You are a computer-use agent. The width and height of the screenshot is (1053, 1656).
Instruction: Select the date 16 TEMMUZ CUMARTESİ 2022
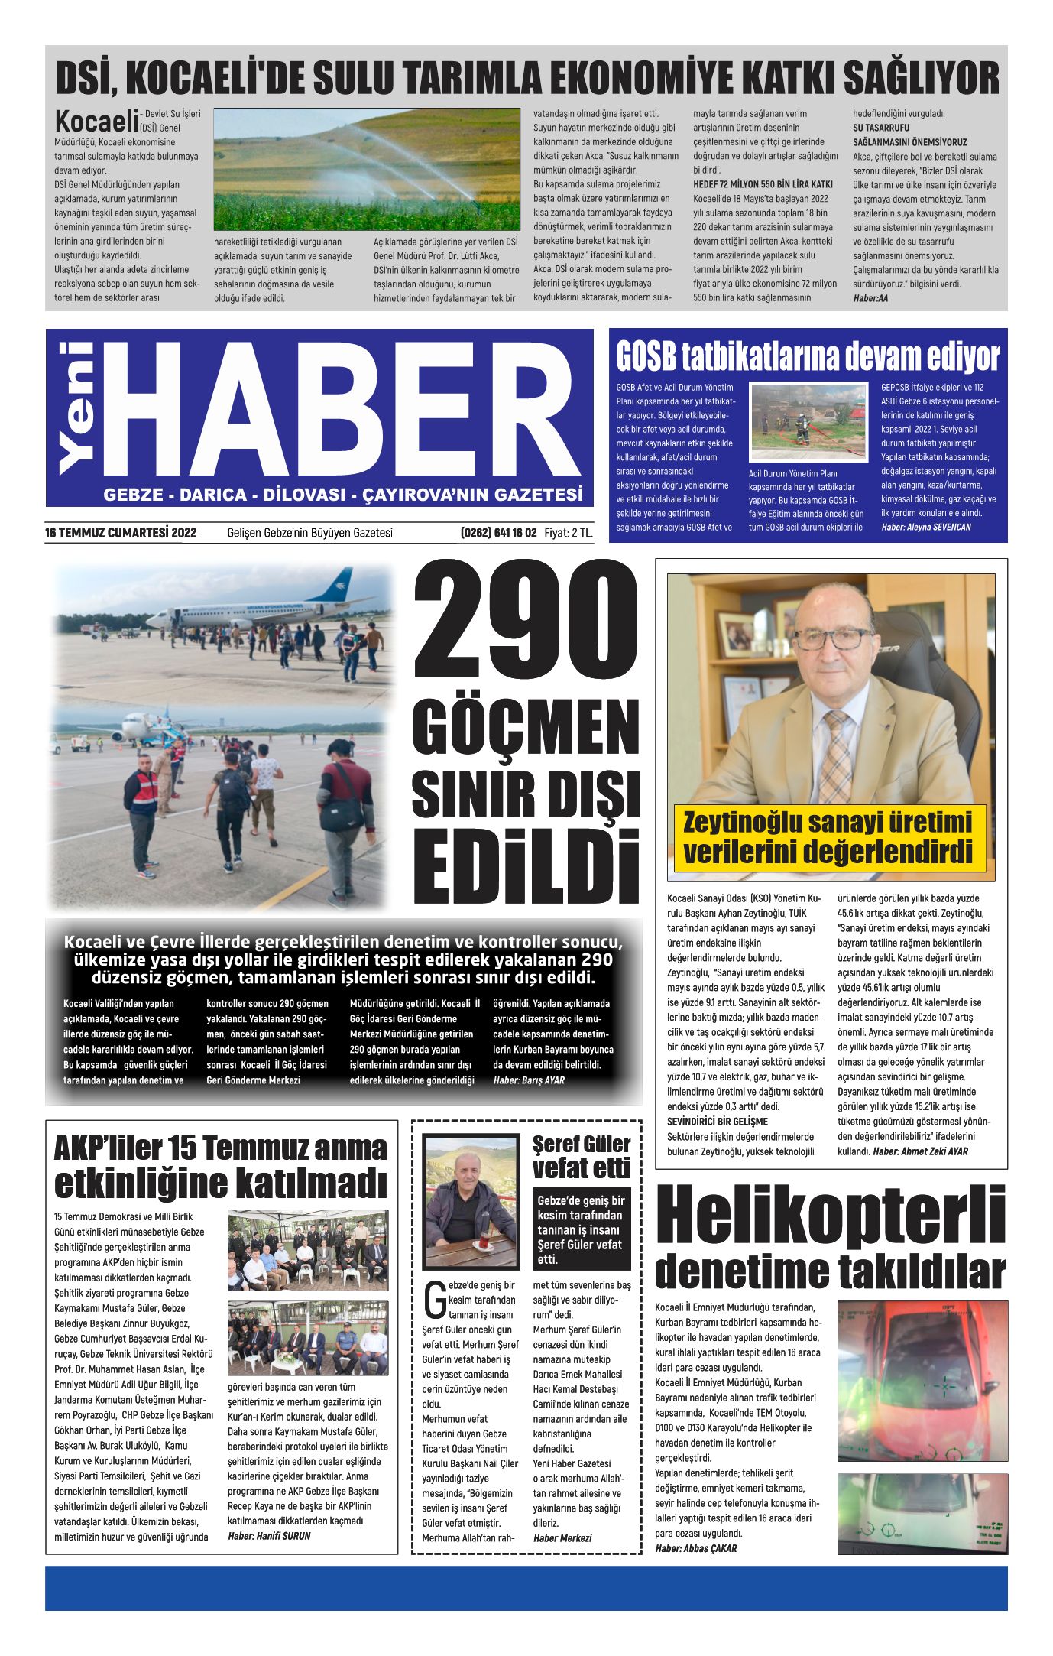click(121, 533)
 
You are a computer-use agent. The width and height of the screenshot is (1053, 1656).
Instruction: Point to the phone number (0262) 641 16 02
click(498, 533)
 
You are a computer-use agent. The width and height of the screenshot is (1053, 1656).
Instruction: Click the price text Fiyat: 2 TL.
click(569, 533)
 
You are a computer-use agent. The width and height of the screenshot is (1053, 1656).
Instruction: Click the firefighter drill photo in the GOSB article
click(808, 421)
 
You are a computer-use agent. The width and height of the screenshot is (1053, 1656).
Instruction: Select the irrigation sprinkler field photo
click(366, 169)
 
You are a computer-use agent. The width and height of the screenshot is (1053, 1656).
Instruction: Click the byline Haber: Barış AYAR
click(529, 1080)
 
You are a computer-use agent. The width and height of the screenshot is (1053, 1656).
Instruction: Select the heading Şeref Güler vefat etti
click(582, 1157)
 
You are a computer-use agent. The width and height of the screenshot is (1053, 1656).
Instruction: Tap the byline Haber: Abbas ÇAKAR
click(696, 1548)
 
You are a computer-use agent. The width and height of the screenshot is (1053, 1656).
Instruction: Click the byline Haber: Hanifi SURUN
click(269, 1535)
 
